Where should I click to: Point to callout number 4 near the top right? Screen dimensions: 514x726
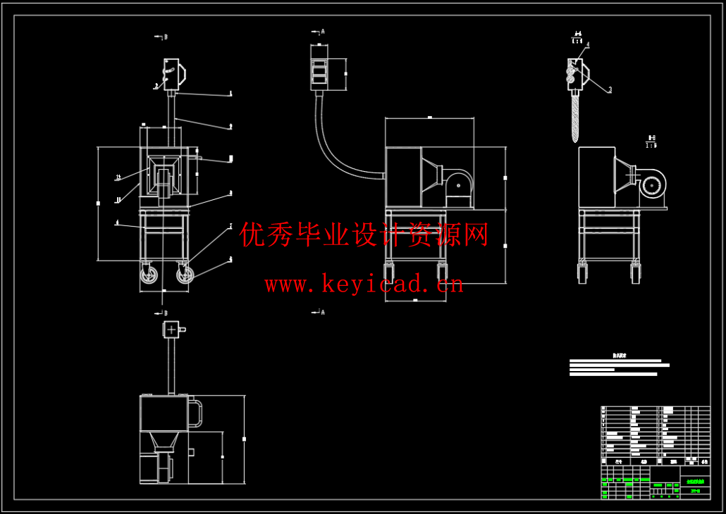click(x=588, y=44)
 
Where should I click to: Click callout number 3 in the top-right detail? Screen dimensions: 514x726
click(x=610, y=90)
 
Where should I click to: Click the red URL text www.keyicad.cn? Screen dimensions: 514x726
click(x=364, y=284)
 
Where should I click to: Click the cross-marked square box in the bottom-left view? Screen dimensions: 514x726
click(x=172, y=329)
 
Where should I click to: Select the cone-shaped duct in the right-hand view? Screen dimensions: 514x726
click(x=622, y=175)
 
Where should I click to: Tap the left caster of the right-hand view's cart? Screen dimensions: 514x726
click(x=583, y=272)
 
